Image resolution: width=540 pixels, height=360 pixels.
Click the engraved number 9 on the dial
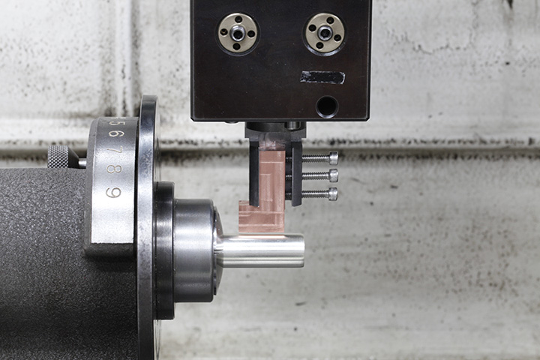113,192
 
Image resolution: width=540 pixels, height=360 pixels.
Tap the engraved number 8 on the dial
114,169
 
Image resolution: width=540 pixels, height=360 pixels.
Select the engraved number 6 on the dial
114,133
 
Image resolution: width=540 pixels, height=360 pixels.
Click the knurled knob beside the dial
58,157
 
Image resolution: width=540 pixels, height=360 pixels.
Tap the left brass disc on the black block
238,34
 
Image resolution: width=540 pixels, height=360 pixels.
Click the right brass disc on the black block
325,34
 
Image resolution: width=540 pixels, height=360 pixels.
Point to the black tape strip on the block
322,77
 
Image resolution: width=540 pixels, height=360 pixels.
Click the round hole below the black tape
326,106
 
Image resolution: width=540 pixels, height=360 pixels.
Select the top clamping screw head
333,157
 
